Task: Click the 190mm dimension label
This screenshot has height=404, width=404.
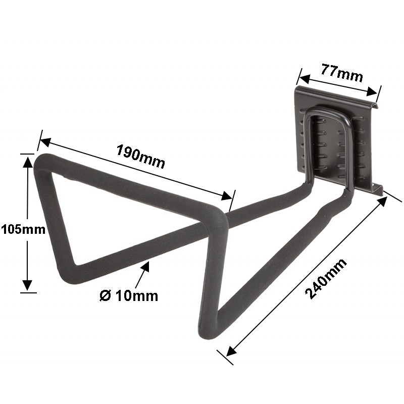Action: (140, 157)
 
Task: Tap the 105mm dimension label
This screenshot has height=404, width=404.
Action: (23, 229)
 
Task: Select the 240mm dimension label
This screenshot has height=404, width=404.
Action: (326, 279)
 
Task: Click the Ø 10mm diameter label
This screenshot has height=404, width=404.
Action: (129, 296)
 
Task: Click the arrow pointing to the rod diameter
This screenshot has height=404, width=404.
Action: (142, 274)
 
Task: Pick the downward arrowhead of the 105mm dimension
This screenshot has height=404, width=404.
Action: (27, 285)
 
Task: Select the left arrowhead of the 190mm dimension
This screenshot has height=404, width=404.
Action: (45, 142)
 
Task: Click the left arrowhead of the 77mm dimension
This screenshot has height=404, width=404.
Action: (305, 79)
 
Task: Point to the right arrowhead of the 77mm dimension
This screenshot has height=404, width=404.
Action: (372, 92)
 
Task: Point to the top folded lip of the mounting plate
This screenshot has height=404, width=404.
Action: (337, 97)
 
